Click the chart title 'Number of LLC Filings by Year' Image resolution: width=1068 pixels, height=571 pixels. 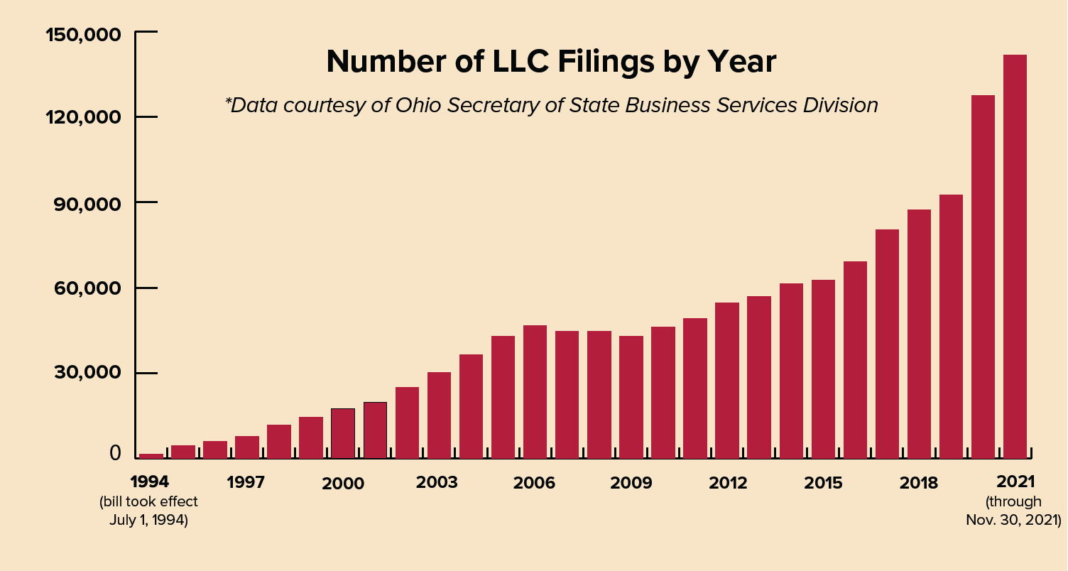[551, 62]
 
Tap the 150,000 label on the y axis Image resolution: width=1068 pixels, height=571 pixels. [83, 34]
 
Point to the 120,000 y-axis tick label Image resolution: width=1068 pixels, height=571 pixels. [83, 118]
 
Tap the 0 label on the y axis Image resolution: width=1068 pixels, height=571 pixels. [115, 455]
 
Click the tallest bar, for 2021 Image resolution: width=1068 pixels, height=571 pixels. [1014, 256]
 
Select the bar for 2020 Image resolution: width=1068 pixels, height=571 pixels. [982, 277]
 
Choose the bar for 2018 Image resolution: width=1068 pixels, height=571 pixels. [918, 334]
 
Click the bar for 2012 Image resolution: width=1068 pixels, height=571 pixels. [726, 381]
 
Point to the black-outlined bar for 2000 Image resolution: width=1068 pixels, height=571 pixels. [343, 433]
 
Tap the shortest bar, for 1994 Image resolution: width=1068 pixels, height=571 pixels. [151, 456]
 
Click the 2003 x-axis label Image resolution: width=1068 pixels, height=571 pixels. [437, 483]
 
